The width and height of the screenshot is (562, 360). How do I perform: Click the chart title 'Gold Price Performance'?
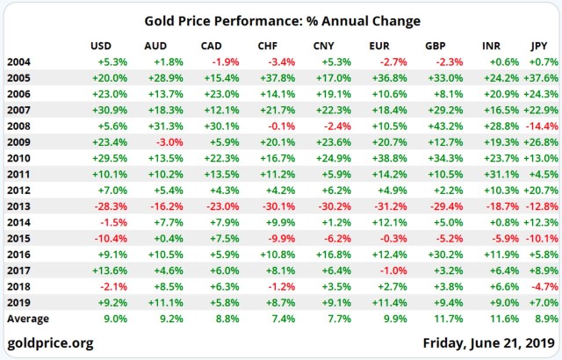281,20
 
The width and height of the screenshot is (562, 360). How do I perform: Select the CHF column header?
269,45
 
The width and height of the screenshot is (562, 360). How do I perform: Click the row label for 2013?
18,205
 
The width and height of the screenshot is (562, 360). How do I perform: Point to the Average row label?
28,319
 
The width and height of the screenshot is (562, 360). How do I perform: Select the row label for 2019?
18,302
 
